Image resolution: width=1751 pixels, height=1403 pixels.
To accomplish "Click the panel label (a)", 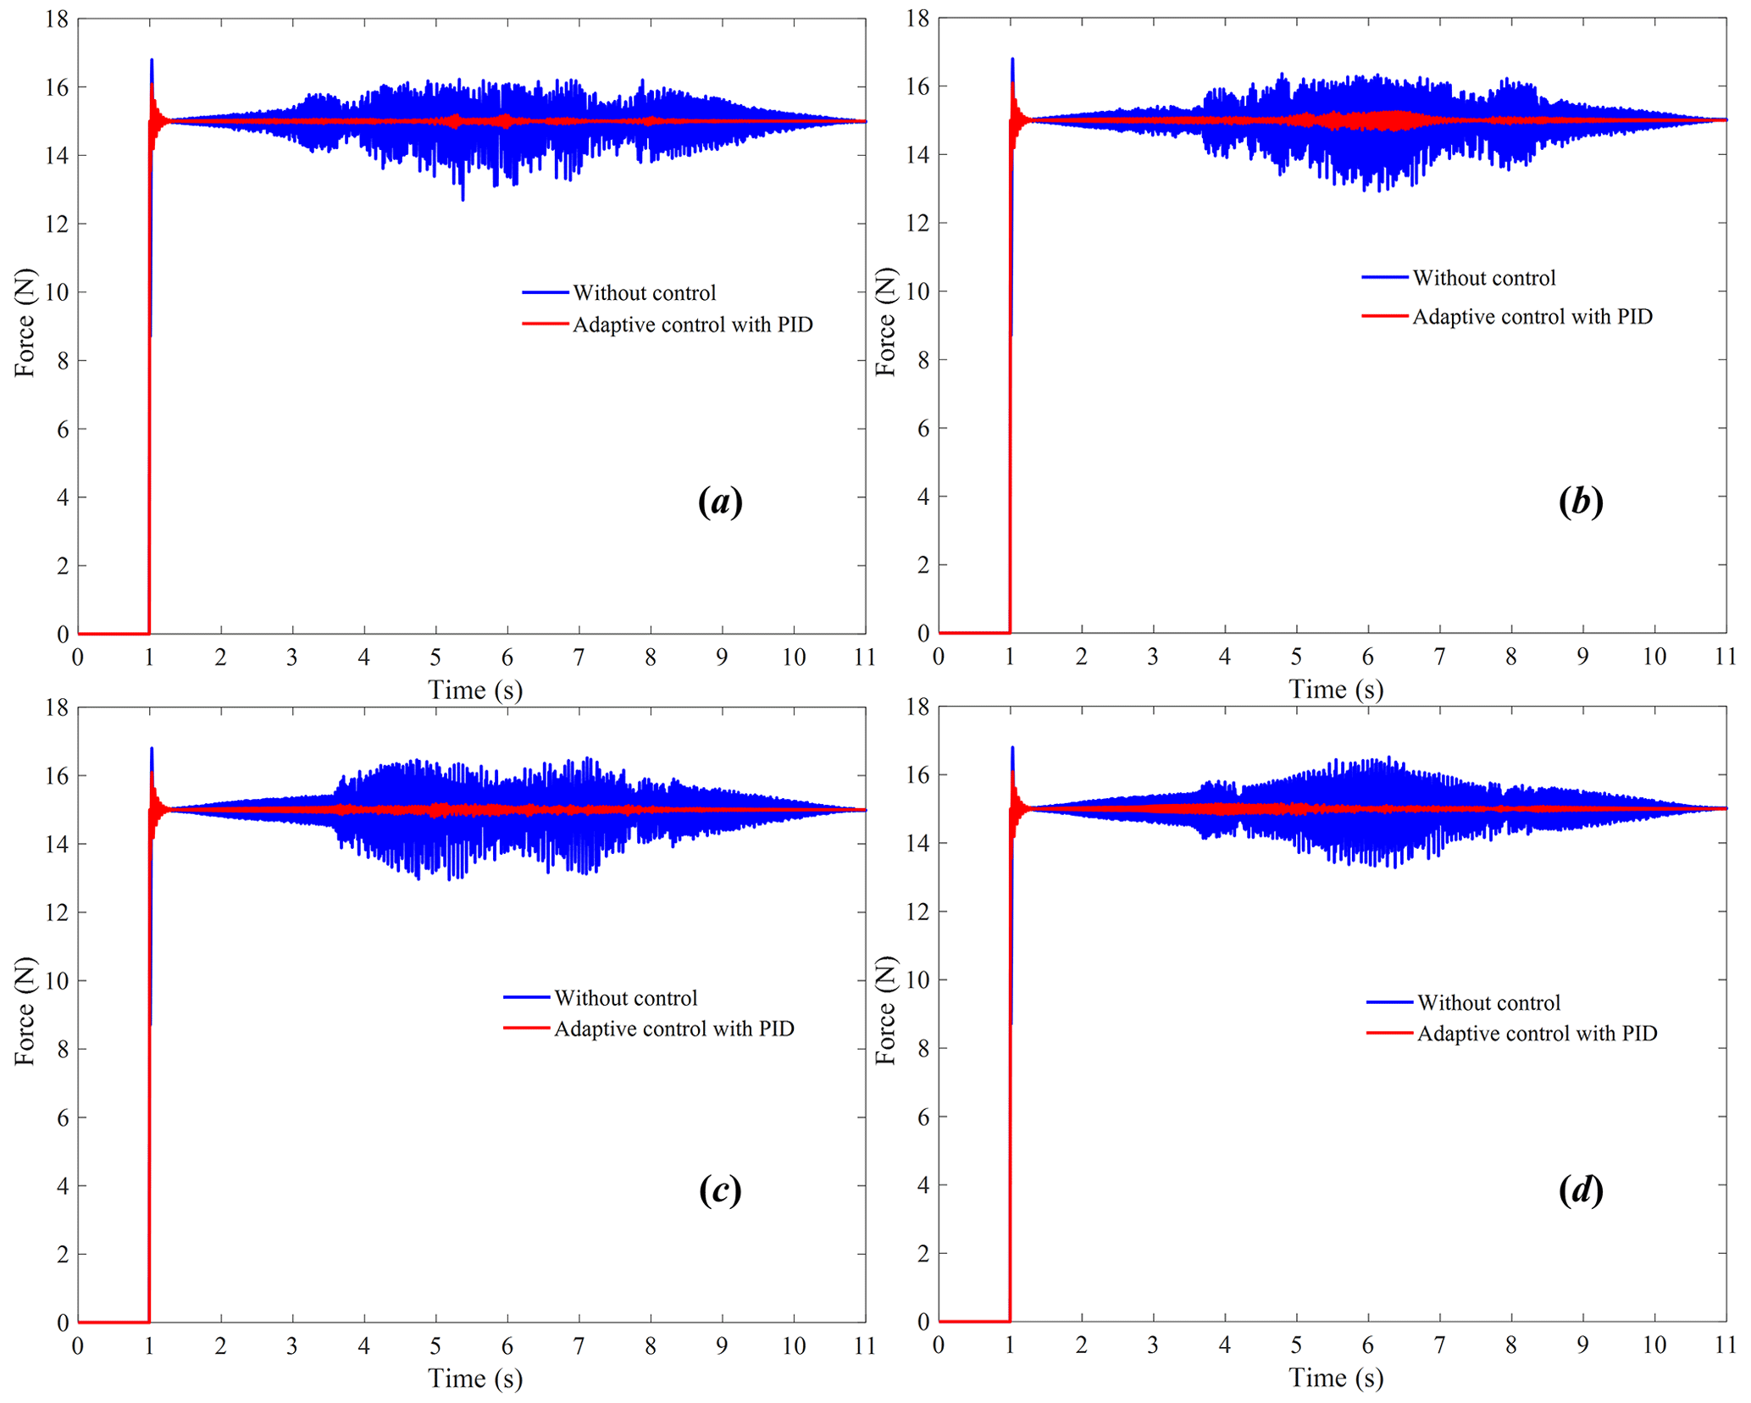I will click(720, 502).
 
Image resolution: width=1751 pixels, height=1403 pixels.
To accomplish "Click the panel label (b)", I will click(1580, 502).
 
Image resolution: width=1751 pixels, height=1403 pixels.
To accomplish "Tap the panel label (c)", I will click(720, 1190).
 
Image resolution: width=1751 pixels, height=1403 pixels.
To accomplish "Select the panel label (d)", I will click(1580, 1190).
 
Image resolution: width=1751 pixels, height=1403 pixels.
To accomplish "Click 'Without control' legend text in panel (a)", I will click(644, 293).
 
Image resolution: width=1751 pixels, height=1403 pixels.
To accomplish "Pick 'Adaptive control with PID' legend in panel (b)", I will click(1532, 317).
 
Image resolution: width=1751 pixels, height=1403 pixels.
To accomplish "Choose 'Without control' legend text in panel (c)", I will click(625, 998).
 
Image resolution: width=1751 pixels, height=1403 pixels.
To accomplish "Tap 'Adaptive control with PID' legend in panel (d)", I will click(1537, 1034).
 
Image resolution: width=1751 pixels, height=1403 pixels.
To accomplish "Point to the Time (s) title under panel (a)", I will click(474, 690).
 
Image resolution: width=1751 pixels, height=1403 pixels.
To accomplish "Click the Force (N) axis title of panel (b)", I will click(884, 322).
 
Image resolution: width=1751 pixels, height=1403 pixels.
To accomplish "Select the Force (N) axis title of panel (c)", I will click(24, 1011).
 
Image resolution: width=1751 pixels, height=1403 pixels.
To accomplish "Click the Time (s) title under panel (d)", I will click(1335, 1378).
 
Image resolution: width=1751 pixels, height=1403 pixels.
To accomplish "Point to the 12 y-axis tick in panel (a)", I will click(57, 224).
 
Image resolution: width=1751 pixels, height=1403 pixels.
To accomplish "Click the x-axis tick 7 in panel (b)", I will click(1439, 657).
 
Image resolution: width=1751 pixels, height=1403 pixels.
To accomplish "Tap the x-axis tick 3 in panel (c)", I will click(292, 1346).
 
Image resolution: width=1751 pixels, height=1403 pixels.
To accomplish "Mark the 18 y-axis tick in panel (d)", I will click(917, 707).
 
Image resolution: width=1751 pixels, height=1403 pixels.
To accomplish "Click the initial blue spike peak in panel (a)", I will click(152, 60).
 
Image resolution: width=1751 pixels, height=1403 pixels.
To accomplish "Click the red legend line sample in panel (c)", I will click(526, 1029).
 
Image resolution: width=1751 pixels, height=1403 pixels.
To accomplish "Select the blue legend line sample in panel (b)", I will click(1384, 278).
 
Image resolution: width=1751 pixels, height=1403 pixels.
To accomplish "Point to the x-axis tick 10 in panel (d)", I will click(1654, 1345).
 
